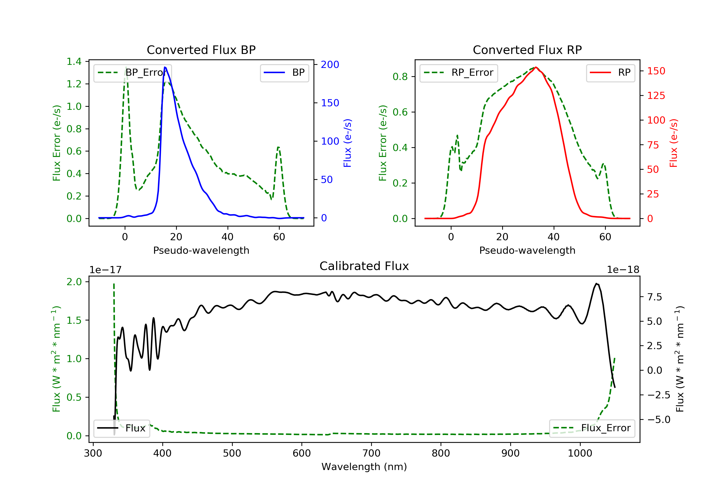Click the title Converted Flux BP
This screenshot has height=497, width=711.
coord(201,50)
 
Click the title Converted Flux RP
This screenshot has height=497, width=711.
coord(527,50)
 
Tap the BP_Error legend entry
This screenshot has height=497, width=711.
coord(132,73)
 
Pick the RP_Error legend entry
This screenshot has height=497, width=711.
coord(459,73)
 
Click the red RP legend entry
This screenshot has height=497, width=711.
coord(610,73)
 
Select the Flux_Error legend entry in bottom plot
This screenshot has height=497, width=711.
coord(592,428)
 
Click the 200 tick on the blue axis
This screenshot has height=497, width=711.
coord(330,65)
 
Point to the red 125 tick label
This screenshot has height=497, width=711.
coord(656,96)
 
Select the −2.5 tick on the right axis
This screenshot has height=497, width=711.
coord(658,395)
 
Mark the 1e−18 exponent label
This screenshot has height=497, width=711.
coord(623,270)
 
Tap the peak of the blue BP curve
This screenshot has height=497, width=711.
coord(165,67)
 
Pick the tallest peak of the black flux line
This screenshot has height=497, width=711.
coord(597,283)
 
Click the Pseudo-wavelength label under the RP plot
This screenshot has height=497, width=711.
coord(527,250)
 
